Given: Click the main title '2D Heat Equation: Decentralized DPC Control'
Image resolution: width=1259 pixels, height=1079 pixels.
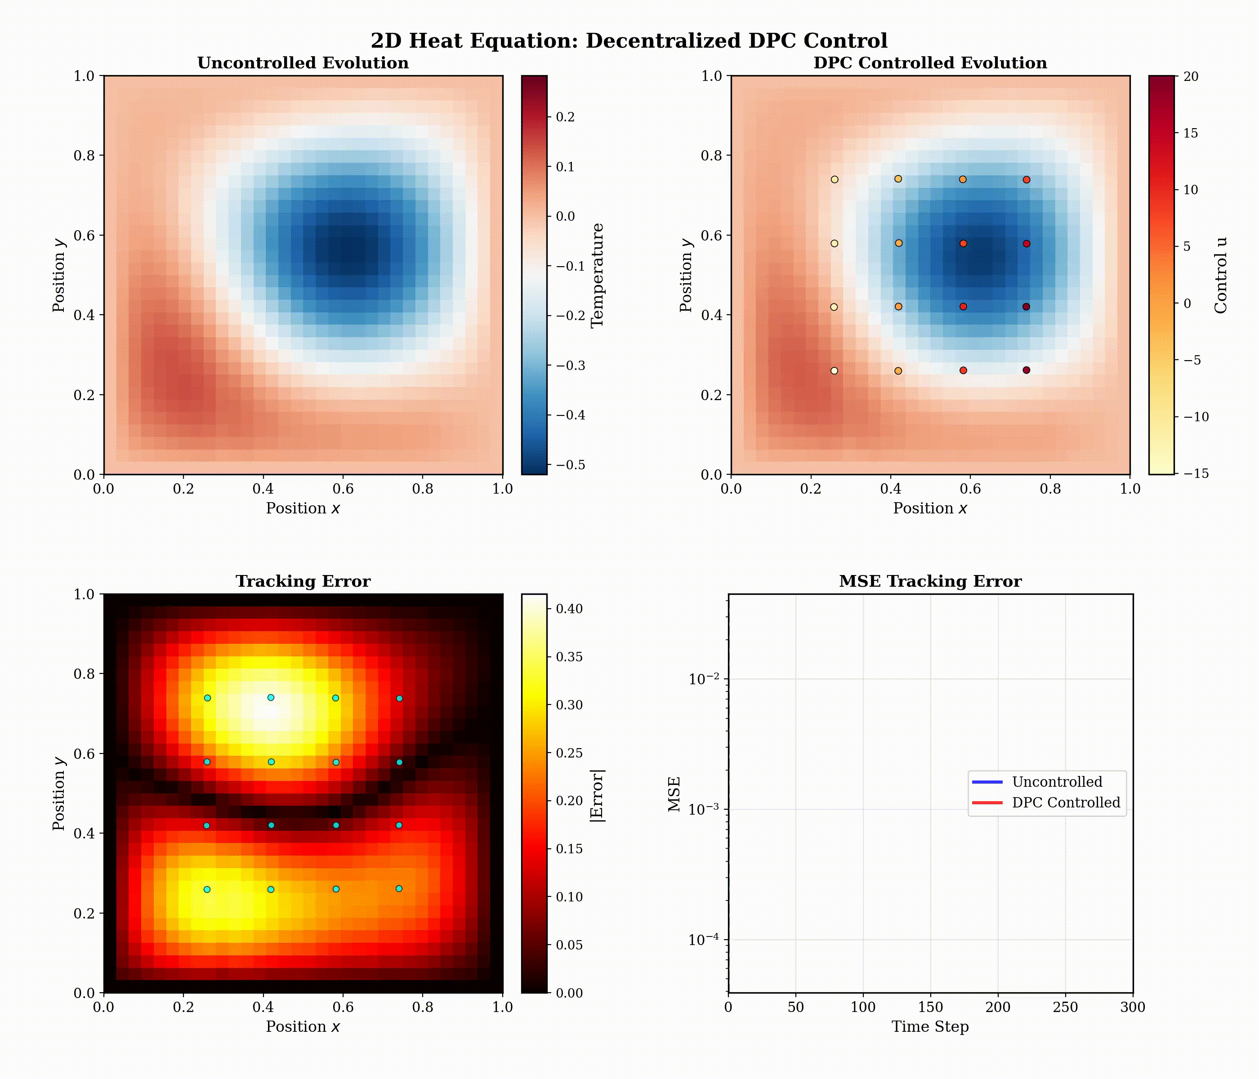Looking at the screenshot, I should click(629, 41).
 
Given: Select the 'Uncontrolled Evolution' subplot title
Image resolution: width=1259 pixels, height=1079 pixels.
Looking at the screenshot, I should click(303, 63).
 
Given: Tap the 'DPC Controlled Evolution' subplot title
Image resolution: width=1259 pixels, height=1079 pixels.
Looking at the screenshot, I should click(930, 63).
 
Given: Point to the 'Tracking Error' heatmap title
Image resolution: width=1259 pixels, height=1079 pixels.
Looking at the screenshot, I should click(303, 581).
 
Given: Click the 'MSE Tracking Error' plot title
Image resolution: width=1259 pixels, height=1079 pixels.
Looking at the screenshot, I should click(930, 581).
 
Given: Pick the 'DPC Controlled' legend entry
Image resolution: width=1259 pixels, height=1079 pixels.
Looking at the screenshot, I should click(1065, 803).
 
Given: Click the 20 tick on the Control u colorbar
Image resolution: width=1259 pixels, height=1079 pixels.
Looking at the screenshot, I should click(1190, 76).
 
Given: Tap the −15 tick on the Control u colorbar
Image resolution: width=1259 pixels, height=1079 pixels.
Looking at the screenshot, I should click(1195, 474).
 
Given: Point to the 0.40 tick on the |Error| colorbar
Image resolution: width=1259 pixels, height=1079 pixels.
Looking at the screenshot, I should click(569, 609).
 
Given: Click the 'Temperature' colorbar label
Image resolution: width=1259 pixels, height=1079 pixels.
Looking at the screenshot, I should click(597, 275).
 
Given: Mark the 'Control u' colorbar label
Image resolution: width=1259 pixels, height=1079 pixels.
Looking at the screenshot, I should click(1221, 275).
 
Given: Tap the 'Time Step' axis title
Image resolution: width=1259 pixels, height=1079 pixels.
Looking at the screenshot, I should click(930, 1027).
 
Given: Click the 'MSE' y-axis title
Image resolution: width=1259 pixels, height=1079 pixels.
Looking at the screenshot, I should click(674, 794).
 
